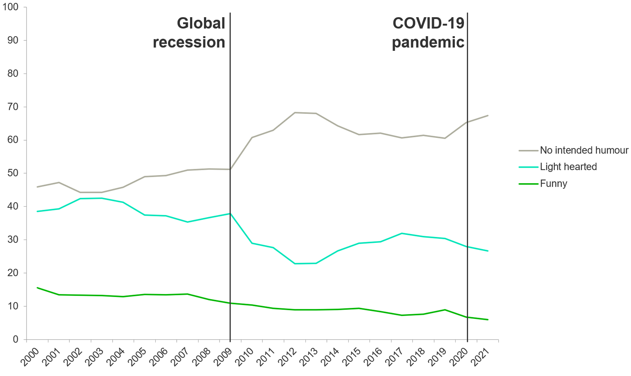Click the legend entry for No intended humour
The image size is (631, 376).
(x=583, y=150)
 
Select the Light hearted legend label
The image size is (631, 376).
(x=568, y=167)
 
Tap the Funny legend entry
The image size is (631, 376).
(x=553, y=184)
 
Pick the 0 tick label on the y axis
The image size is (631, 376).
(x=16, y=339)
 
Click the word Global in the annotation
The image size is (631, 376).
(x=201, y=23)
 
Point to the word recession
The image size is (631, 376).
(x=189, y=42)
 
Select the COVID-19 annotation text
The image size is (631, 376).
(x=428, y=23)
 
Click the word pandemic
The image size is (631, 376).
(x=428, y=42)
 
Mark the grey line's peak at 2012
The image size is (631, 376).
(x=294, y=113)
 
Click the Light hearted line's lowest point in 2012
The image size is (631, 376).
(x=294, y=264)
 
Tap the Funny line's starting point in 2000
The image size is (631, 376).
(x=37, y=288)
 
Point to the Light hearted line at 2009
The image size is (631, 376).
(x=230, y=213)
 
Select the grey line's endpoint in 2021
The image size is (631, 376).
(x=488, y=116)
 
